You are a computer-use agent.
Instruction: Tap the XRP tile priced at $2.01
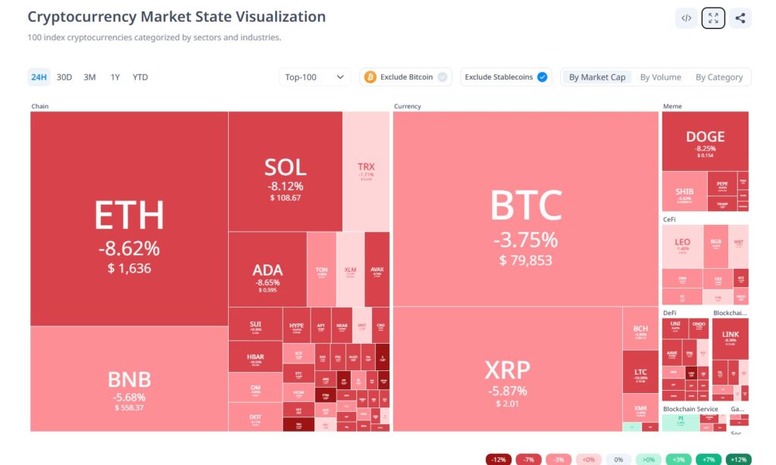[x=507, y=379]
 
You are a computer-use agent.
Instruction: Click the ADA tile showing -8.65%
[x=267, y=276]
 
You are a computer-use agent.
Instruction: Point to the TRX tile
[x=366, y=171]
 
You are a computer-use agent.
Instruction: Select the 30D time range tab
[x=64, y=77]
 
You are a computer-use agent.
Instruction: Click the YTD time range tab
[x=140, y=77]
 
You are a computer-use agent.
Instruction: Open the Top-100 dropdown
[x=315, y=77]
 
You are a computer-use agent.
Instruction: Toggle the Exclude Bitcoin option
[x=406, y=77]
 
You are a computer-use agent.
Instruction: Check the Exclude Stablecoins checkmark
[x=542, y=77]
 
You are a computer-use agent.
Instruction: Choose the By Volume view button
[x=660, y=77]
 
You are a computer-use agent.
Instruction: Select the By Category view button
[x=719, y=77]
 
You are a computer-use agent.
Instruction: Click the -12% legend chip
[x=498, y=460]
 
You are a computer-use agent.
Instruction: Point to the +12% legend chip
[x=738, y=460]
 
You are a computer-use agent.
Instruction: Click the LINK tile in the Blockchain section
[x=730, y=337]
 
